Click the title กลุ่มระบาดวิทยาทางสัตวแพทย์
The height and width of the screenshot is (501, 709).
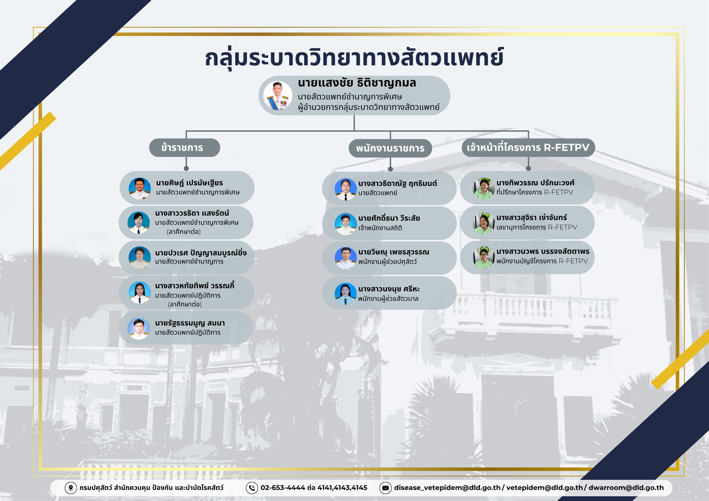[x=354, y=58]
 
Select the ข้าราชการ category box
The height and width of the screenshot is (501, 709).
[x=184, y=147]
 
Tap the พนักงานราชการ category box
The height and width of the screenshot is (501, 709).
[x=390, y=148]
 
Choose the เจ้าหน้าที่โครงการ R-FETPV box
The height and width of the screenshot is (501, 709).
[x=528, y=147]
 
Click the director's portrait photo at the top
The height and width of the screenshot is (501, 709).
[x=278, y=96]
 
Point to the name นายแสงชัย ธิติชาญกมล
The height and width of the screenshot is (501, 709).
[x=357, y=83]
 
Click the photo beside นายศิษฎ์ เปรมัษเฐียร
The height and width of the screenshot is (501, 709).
[x=140, y=188]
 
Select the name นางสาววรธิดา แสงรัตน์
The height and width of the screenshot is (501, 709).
[x=192, y=213]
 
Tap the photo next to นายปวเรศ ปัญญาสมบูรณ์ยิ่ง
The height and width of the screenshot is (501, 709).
[x=140, y=258]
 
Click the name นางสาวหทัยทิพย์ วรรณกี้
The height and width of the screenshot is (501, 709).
[x=195, y=285]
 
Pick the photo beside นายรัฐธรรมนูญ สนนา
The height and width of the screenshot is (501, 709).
[x=139, y=329]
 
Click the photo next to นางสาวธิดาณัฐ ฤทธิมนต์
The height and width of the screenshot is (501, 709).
[x=346, y=189]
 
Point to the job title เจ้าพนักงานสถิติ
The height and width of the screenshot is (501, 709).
[x=380, y=228]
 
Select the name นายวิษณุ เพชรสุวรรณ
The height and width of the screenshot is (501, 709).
[x=394, y=252]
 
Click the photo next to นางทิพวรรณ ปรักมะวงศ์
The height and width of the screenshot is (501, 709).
[x=484, y=188]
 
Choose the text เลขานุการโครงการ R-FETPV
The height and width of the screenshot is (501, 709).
[x=537, y=227]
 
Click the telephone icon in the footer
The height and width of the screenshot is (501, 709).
[x=252, y=488]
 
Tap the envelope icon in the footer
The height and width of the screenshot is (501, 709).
[x=386, y=488]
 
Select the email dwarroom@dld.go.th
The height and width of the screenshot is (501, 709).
[x=626, y=488]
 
